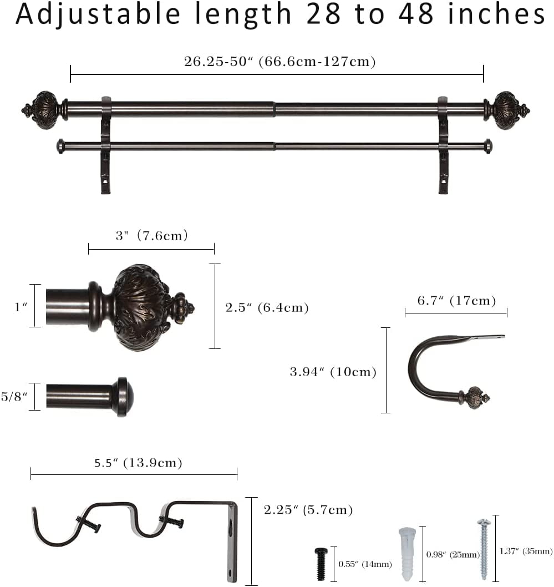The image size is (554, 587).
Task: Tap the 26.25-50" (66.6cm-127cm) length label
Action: [x=280, y=62]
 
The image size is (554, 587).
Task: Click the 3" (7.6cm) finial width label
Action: [x=151, y=235]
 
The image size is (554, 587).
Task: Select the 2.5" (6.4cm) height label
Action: [x=267, y=308]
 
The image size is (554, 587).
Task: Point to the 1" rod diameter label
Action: [x=21, y=307]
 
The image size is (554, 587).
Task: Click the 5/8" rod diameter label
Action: [x=14, y=397]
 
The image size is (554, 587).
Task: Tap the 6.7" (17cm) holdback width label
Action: [x=457, y=301]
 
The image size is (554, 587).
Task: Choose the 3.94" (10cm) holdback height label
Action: [x=333, y=372]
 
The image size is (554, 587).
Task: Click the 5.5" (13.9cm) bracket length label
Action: [x=138, y=463]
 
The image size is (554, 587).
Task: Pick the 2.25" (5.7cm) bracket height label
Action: [x=308, y=509]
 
